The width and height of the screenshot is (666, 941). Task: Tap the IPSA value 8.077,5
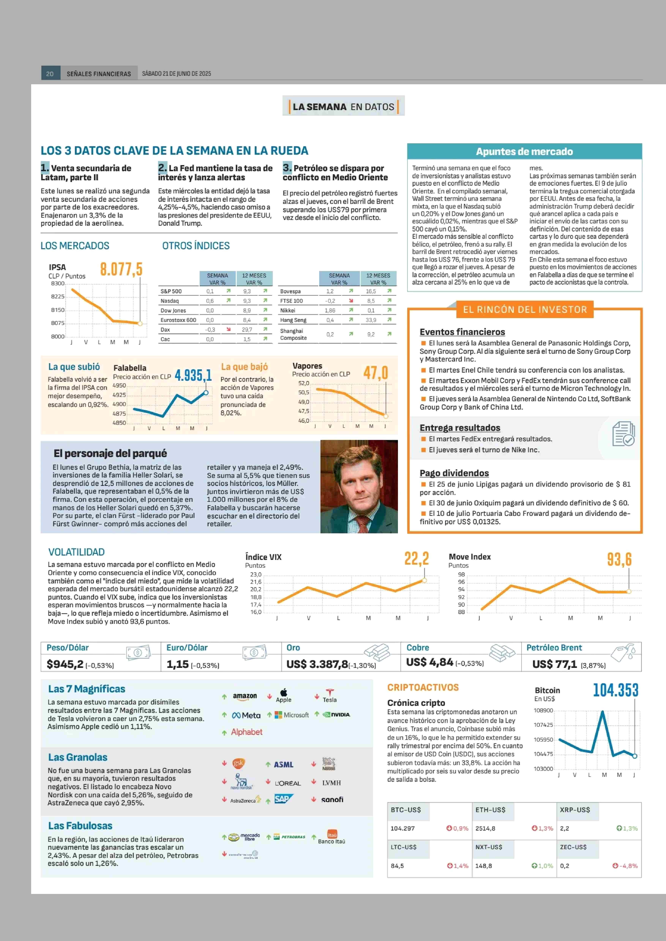coord(121,269)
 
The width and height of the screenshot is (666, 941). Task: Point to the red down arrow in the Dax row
coord(228,329)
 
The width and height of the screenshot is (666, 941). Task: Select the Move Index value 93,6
coord(619,559)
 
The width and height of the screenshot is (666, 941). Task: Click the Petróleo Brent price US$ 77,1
coord(554,664)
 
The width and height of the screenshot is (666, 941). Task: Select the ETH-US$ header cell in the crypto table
coord(490,810)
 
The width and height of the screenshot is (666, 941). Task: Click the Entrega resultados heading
coord(460,428)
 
